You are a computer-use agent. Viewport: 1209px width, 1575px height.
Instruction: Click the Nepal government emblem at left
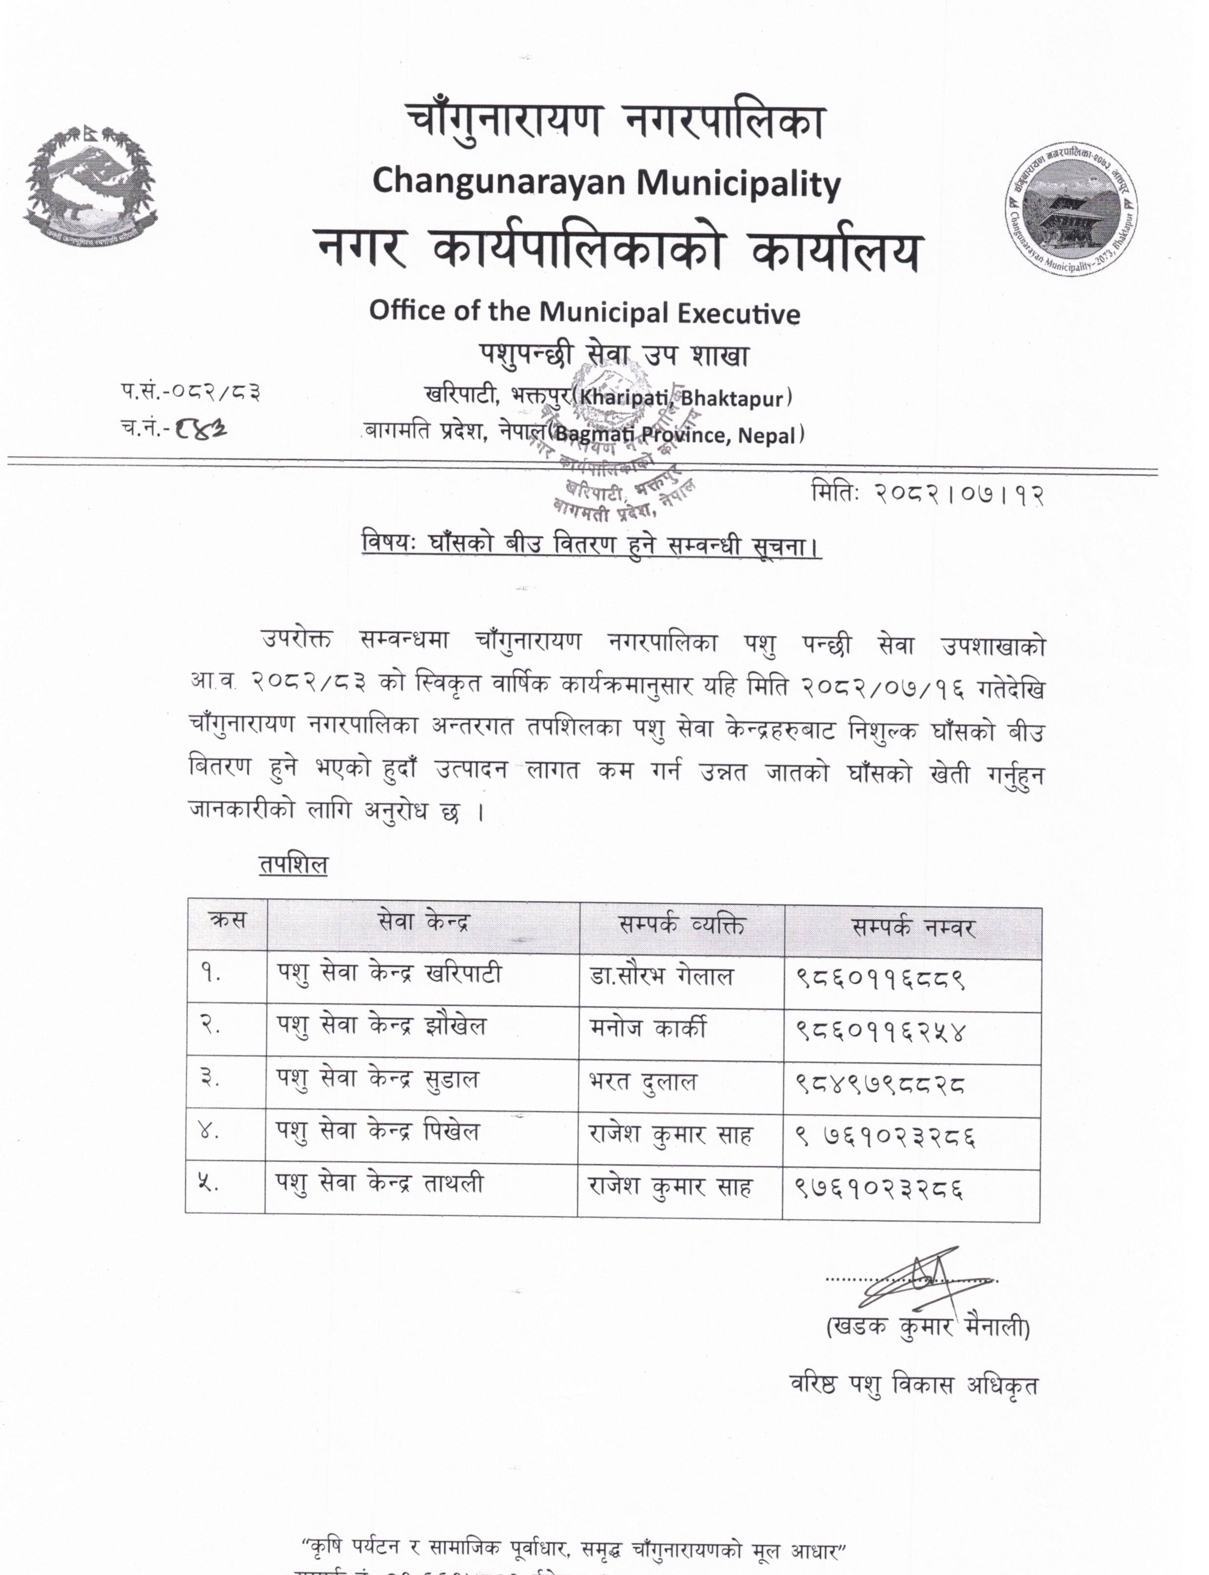(x=90, y=187)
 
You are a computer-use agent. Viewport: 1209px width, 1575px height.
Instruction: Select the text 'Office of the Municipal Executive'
(x=584, y=312)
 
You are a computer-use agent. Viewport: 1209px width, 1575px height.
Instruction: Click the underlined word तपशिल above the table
(x=293, y=864)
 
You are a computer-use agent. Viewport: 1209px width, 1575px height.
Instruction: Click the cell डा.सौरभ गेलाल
(x=661, y=977)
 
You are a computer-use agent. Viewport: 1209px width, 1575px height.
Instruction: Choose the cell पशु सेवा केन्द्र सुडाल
(x=378, y=1080)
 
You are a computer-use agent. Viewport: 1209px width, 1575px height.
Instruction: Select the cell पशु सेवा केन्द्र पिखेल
(x=378, y=1132)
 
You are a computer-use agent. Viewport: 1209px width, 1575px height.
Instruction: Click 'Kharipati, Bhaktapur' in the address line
(x=682, y=398)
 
